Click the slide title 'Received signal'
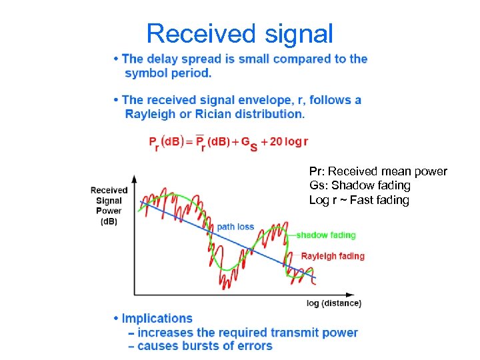pyautogui.click(x=239, y=33)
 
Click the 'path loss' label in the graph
pyautogui.click(x=235, y=227)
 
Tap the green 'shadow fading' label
pyautogui.click(x=325, y=235)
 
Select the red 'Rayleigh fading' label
pyautogui.click(x=333, y=256)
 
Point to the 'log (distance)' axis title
pyautogui.click(x=334, y=303)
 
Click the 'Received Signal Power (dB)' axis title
pyautogui.click(x=109, y=205)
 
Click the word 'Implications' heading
pyautogui.click(x=157, y=319)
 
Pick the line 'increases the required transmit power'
pyautogui.click(x=243, y=333)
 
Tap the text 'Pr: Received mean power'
pyautogui.click(x=378, y=172)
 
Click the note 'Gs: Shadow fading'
pyautogui.click(x=359, y=185)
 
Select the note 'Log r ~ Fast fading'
pyautogui.click(x=359, y=200)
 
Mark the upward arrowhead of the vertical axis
pyautogui.click(x=135, y=179)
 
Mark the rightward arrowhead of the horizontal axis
pyautogui.click(x=351, y=294)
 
